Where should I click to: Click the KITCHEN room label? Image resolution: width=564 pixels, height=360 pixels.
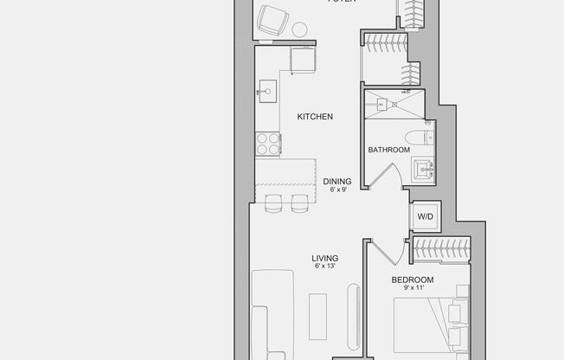[x=315, y=117]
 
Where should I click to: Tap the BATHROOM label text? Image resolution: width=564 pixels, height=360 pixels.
[x=388, y=150]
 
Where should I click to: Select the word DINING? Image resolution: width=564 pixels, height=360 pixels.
[x=337, y=182]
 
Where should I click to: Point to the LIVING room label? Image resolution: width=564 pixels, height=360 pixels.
[x=325, y=258]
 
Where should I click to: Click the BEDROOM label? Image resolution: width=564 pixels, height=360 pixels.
[x=413, y=280]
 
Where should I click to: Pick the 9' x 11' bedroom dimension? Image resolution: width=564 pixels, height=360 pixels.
[x=413, y=289]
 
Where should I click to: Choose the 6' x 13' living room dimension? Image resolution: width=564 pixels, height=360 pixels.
[x=325, y=267]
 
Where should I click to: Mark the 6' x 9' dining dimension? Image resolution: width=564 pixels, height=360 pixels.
[x=337, y=190]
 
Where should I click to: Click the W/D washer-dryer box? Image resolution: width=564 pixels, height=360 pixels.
[x=426, y=216]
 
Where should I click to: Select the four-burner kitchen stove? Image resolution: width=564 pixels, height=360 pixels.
[x=267, y=144]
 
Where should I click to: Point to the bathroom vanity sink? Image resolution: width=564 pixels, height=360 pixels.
[x=424, y=168]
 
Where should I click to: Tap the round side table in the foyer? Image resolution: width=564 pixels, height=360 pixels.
[x=300, y=29]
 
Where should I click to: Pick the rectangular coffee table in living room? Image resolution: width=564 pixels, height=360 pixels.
[x=317, y=317]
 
